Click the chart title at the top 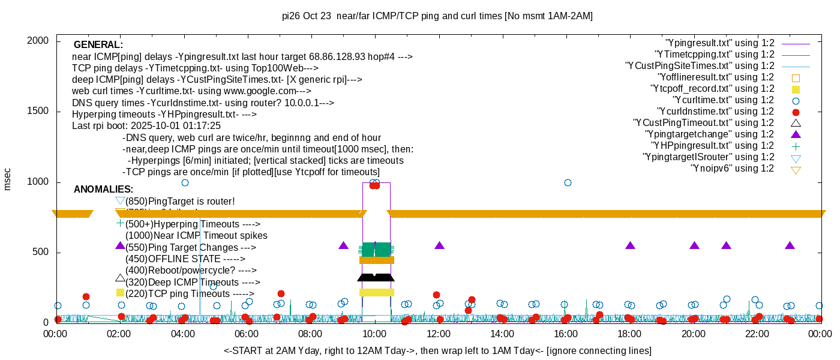(437, 16)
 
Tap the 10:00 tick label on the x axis (374, 334)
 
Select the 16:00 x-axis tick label (566, 334)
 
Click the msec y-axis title (8, 179)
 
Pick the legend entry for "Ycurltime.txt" (724, 100)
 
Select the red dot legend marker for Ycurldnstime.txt (796, 112)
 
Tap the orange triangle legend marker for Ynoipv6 (796, 169)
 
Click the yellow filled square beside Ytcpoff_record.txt (796, 89)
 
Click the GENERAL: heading (98, 45)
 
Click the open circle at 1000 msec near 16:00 (568, 182)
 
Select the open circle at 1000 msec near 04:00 (185, 182)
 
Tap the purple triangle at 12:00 (439, 246)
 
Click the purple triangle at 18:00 (630, 246)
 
